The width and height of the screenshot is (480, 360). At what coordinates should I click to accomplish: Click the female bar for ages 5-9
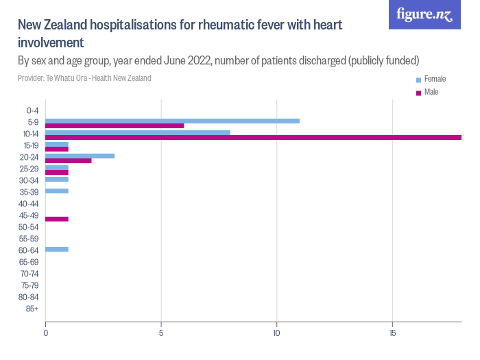172,121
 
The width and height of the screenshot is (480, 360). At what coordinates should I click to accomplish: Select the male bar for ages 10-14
253,137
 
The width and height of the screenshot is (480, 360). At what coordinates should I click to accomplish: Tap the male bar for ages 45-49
57,219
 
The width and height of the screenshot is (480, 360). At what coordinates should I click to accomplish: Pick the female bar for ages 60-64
57,249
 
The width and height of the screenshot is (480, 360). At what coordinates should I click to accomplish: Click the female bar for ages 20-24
80,156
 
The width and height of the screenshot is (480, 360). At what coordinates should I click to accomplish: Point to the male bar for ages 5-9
115,125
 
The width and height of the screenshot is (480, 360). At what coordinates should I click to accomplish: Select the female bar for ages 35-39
57,191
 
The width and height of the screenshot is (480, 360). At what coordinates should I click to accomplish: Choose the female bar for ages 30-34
57,179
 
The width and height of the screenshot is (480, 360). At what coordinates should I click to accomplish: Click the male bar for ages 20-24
69,160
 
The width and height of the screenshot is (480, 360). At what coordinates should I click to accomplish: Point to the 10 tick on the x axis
276,333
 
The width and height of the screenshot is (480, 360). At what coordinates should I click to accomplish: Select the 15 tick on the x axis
392,333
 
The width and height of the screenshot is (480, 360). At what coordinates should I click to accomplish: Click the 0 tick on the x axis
45,333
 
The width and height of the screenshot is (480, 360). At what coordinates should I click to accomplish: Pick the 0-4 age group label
32,110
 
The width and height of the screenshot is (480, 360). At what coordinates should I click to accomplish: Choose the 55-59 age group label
29,239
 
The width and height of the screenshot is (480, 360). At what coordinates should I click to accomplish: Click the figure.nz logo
424,14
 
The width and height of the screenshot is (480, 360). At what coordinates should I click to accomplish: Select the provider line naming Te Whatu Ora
84,78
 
